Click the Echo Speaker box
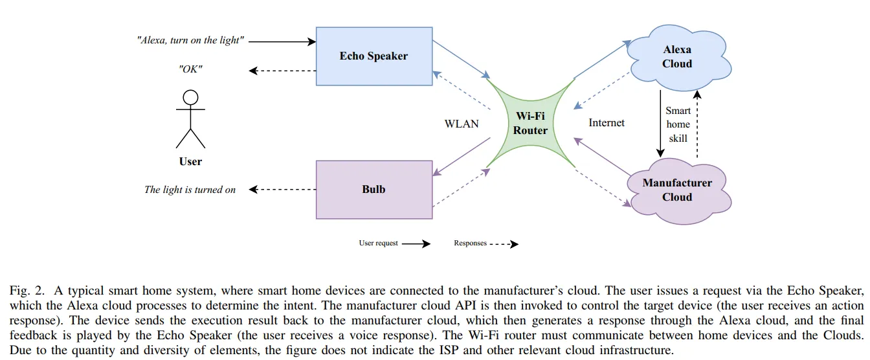[374, 56]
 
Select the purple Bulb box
[374, 190]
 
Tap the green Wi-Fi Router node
[531, 123]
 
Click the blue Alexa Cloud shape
[677, 57]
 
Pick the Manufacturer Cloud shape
[677, 190]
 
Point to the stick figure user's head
[190, 98]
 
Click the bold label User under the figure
[190, 161]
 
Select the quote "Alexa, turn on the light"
[190, 40]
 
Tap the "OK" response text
[190, 69]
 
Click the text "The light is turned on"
[190, 190]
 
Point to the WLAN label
[462, 123]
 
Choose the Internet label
[607, 122]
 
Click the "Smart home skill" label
[678, 124]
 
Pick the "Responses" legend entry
[470, 243]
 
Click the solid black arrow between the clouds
[660, 123]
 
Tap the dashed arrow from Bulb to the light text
[282, 190]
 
